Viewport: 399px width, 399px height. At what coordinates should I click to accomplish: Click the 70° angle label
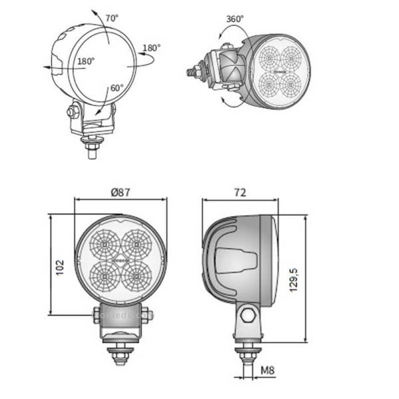pyautogui.click(x=111, y=18)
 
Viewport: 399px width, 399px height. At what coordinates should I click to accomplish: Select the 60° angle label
pyautogui.click(x=117, y=88)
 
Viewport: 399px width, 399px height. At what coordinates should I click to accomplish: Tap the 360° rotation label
pyautogui.click(x=234, y=19)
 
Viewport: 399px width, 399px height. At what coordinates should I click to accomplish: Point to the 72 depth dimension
pyautogui.click(x=240, y=192)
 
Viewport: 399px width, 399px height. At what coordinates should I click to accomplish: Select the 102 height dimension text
pyautogui.click(x=60, y=267)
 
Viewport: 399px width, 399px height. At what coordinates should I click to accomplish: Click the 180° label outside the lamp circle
pyautogui.click(x=152, y=48)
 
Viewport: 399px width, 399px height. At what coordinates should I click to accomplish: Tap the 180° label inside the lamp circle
pyautogui.click(x=86, y=61)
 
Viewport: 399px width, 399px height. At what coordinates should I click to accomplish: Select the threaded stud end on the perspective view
pyautogui.click(x=190, y=68)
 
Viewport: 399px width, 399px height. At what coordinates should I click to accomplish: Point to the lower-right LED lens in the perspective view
pyautogui.click(x=295, y=84)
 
